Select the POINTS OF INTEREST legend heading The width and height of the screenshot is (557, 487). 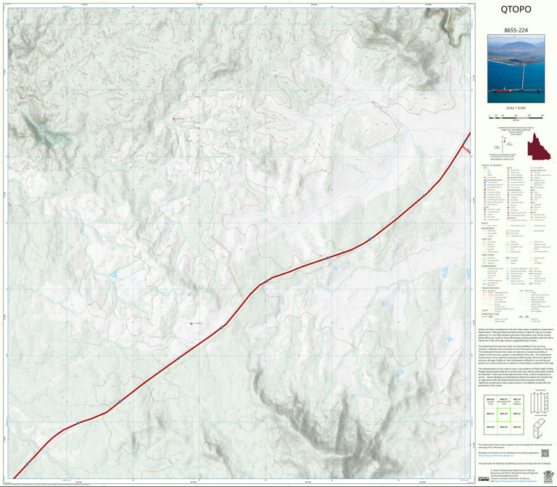coord(491,165)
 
